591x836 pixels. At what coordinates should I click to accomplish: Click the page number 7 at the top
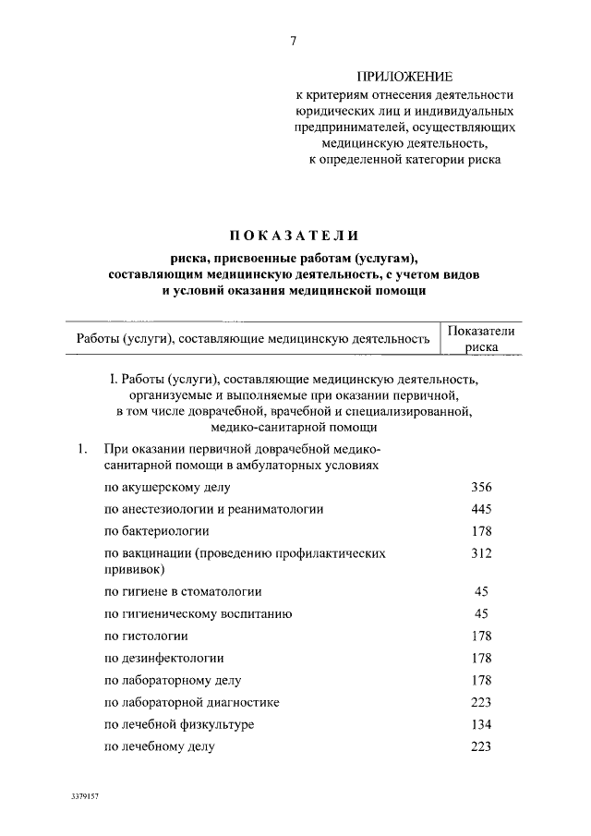click(x=293, y=40)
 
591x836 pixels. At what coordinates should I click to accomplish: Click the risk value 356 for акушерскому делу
click(x=480, y=487)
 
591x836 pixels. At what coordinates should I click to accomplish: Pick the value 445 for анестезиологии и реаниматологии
click(x=480, y=509)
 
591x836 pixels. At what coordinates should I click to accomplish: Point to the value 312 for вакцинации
click(x=480, y=553)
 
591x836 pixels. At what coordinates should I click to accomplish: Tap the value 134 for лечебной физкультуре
click(x=480, y=724)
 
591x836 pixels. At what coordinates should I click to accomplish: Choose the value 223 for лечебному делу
click(x=480, y=746)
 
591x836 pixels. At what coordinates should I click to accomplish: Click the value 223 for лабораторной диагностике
click(x=480, y=702)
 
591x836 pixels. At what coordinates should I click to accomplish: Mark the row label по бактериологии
click(x=156, y=531)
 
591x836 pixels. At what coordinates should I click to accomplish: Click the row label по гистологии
click(x=146, y=636)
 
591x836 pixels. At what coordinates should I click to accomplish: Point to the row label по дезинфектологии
click(x=164, y=658)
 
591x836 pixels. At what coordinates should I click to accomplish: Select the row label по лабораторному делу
click(x=173, y=680)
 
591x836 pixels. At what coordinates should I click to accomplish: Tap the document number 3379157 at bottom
click(x=83, y=794)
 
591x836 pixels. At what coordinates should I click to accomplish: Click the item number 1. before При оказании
click(x=82, y=450)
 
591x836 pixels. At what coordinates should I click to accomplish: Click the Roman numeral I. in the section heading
click(x=113, y=378)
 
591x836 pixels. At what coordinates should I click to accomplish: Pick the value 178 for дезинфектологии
click(x=480, y=658)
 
